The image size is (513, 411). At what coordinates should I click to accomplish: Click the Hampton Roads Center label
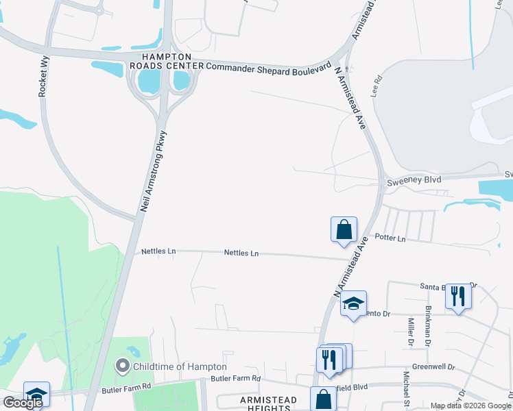pos(166,61)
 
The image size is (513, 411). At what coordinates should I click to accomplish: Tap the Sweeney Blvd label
pos(411,180)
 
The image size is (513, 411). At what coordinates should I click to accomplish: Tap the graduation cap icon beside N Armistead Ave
pos(353,303)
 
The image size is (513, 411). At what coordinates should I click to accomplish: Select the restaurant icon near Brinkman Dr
pos(457,297)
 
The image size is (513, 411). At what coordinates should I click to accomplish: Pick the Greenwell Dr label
pos(433,367)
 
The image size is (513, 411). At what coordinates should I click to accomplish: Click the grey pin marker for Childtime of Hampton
pos(123,366)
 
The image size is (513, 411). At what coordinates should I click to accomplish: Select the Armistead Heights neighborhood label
pos(267,403)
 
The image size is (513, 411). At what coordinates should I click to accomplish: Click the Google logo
pos(23,403)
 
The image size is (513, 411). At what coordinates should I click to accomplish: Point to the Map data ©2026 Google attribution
pos(470,406)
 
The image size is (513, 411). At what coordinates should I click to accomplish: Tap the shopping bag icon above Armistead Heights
pos(323,399)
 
